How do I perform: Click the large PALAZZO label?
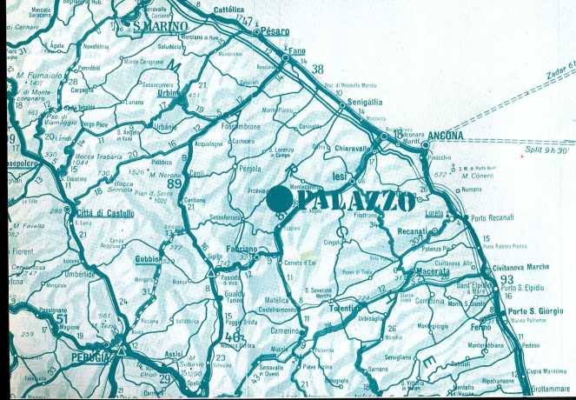357,200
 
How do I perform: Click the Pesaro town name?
275,31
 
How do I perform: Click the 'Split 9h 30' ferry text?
546,150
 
